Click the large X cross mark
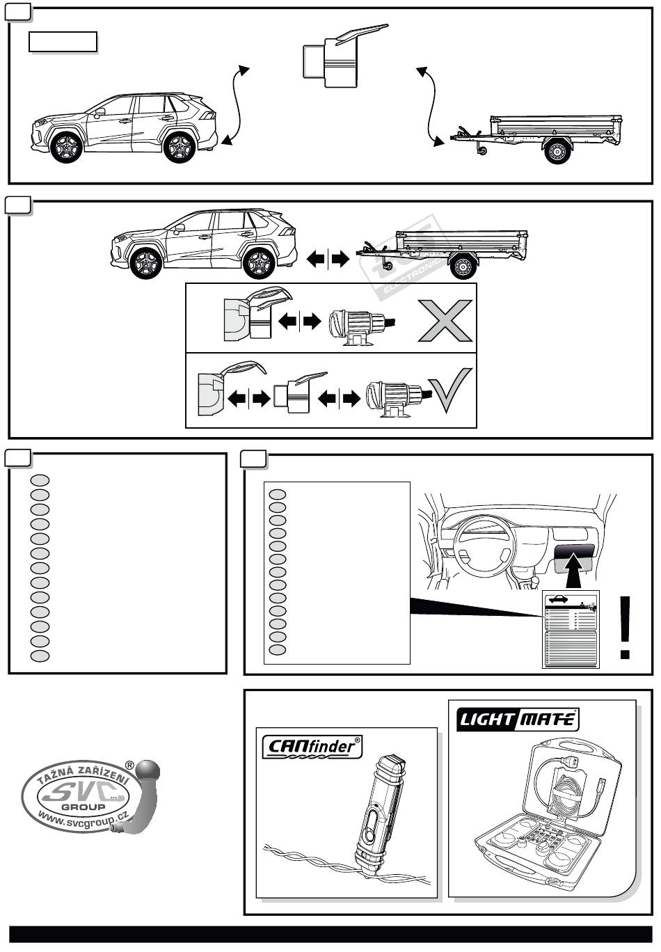tap(445, 321)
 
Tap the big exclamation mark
tap(626, 627)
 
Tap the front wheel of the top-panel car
tap(67, 147)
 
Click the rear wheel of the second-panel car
tap(260, 263)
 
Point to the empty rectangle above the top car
tap(63, 42)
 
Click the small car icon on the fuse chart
tap(558, 599)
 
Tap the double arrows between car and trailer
tap(328, 260)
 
